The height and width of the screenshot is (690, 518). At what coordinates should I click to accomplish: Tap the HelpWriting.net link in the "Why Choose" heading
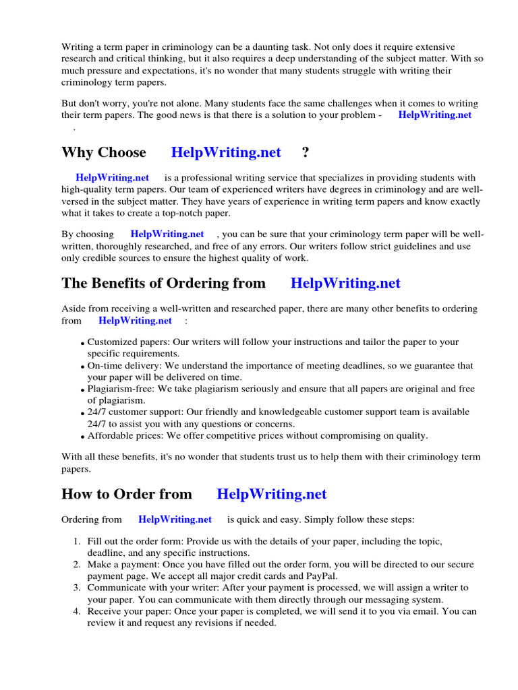click(x=226, y=152)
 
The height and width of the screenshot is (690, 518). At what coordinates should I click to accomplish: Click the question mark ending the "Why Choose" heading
click(x=306, y=152)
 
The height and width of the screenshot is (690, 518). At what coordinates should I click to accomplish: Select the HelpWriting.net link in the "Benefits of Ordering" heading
click(x=345, y=283)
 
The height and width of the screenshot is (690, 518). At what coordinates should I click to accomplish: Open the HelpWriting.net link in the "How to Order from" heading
click(x=272, y=494)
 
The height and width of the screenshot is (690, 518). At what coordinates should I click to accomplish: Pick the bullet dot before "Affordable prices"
click(x=83, y=437)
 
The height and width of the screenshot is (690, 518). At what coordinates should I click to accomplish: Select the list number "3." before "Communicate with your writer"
click(x=77, y=588)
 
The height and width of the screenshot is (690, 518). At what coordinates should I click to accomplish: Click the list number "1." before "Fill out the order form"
click(x=77, y=542)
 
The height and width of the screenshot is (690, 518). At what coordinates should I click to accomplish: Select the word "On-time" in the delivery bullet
click(x=105, y=365)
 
